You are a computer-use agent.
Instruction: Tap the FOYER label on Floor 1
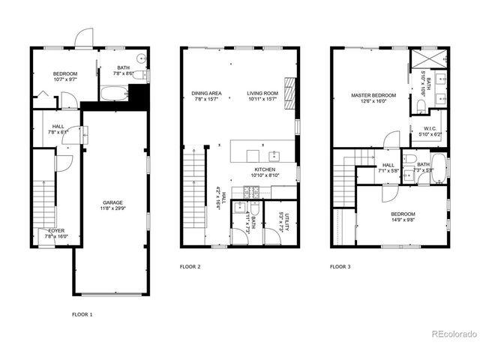tap(57, 231)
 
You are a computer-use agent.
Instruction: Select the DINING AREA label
tap(205, 94)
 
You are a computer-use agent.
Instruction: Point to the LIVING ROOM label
tap(262, 94)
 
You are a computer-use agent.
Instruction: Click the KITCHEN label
tap(265, 169)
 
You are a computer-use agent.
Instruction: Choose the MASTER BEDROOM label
tap(373, 96)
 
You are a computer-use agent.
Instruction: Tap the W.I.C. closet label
tap(430, 128)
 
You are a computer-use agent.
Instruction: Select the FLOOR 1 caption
tap(82, 313)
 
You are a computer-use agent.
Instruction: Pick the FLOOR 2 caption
tap(190, 266)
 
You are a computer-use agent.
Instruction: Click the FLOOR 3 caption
tap(340, 266)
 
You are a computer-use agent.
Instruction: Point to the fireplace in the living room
tap(289, 91)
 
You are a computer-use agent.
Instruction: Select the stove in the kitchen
tap(251, 191)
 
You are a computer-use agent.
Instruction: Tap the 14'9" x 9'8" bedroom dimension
tap(402, 220)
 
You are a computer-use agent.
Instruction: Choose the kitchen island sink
tap(274, 156)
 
